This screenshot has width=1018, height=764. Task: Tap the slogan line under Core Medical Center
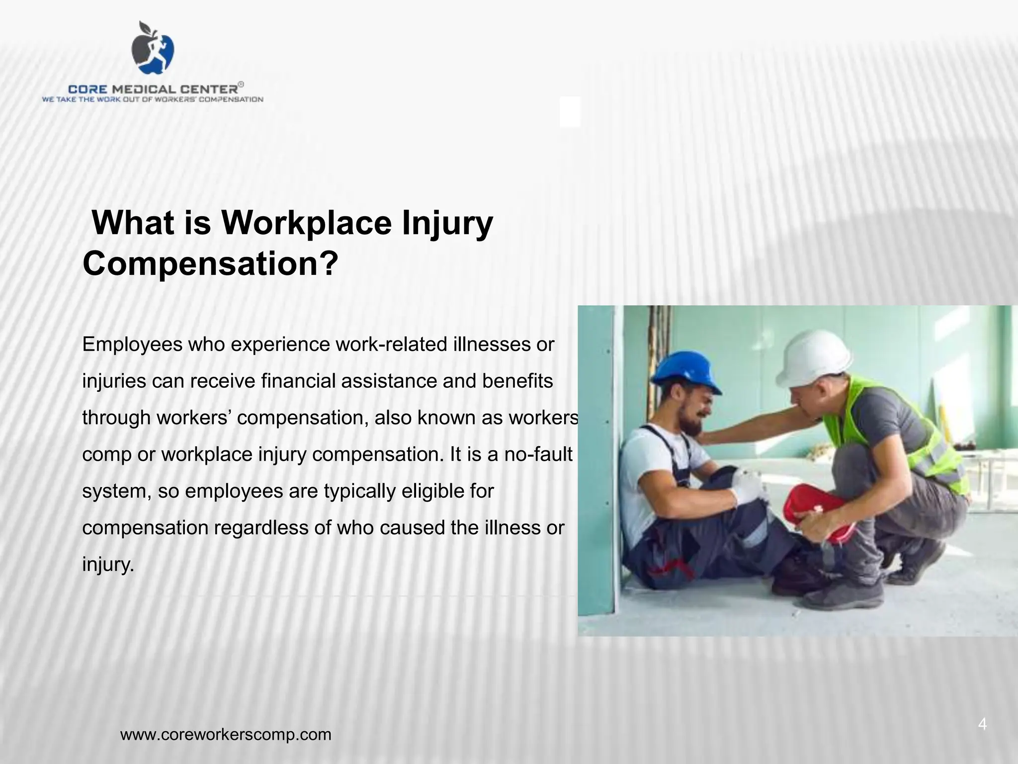(x=153, y=99)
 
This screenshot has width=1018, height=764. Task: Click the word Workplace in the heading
(x=307, y=223)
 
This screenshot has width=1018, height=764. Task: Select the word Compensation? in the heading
(x=210, y=263)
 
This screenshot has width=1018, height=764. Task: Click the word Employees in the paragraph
(x=133, y=344)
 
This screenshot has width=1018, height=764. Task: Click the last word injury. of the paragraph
(x=108, y=565)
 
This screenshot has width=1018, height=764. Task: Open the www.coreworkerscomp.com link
(x=226, y=734)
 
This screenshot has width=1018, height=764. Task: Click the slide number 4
(x=982, y=724)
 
